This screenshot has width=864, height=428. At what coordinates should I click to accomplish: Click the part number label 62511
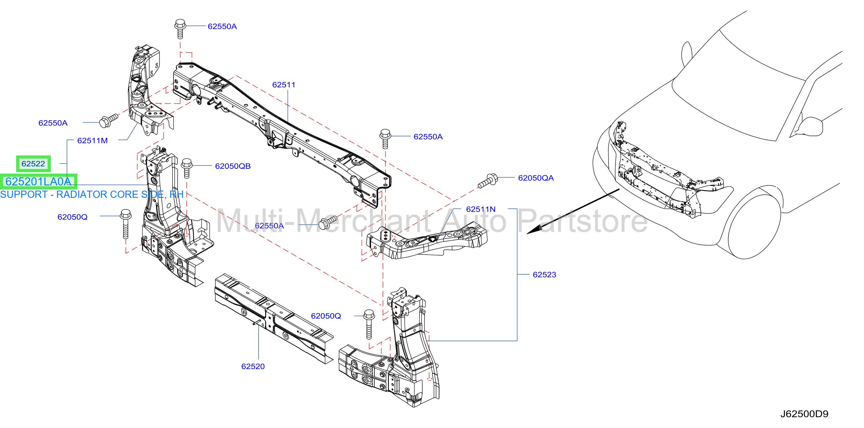284,85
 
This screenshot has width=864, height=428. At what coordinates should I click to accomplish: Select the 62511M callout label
92,141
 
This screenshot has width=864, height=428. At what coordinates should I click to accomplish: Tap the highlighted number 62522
33,164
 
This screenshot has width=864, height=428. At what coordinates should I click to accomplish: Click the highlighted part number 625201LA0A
38,182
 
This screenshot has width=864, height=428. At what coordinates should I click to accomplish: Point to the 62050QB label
233,166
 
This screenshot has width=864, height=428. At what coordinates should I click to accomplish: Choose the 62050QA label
536,178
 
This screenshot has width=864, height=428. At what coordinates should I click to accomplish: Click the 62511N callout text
481,209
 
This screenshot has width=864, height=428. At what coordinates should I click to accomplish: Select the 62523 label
544,275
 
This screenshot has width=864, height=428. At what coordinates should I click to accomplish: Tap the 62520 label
253,367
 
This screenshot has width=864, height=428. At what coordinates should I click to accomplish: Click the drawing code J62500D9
804,414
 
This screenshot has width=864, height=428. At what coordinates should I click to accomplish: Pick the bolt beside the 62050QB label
187,168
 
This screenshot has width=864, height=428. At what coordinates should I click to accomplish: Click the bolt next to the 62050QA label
488,181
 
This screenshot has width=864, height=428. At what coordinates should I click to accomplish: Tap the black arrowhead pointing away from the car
534,230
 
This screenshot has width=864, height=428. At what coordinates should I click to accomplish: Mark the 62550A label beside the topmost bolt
222,27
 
